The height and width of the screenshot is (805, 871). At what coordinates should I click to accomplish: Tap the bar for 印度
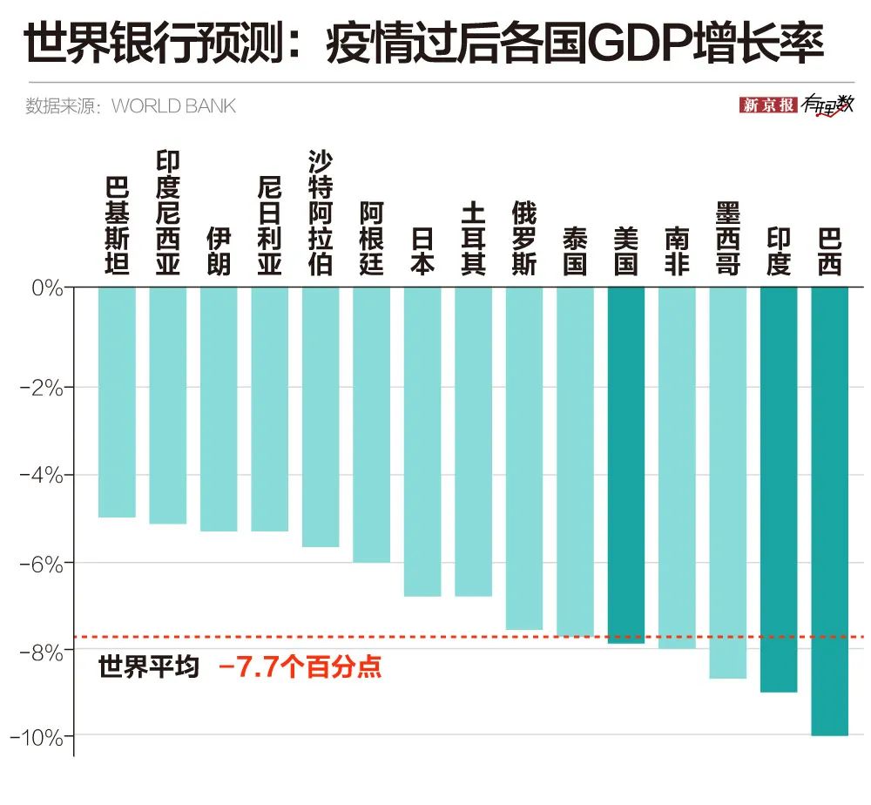pyautogui.click(x=778, y=489)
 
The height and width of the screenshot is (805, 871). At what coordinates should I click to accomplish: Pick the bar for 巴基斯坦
pyautogui.click(x=117, y=402)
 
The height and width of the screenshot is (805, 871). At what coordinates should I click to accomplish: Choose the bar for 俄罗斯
pyautogui.click(x=523, y=458)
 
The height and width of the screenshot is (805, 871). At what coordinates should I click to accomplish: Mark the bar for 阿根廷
pyautogui.click(x=371, y=424)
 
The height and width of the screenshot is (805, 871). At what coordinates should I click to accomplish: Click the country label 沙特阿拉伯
pyautogui.click(x=321, y=213)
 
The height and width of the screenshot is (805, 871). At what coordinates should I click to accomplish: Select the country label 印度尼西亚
pyautogui.click(x=167, y=213)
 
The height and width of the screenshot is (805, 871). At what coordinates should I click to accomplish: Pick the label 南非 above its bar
pyautogui.click(x=676, y=251)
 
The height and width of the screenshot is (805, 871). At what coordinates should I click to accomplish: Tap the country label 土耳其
pyautogui.click(x=473, y=239)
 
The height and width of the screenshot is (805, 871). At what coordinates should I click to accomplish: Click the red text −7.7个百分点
pyautogui.click(x=300, y=668)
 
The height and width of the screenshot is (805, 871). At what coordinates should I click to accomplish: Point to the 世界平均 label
pyautogui.click(x=149, y=668)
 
